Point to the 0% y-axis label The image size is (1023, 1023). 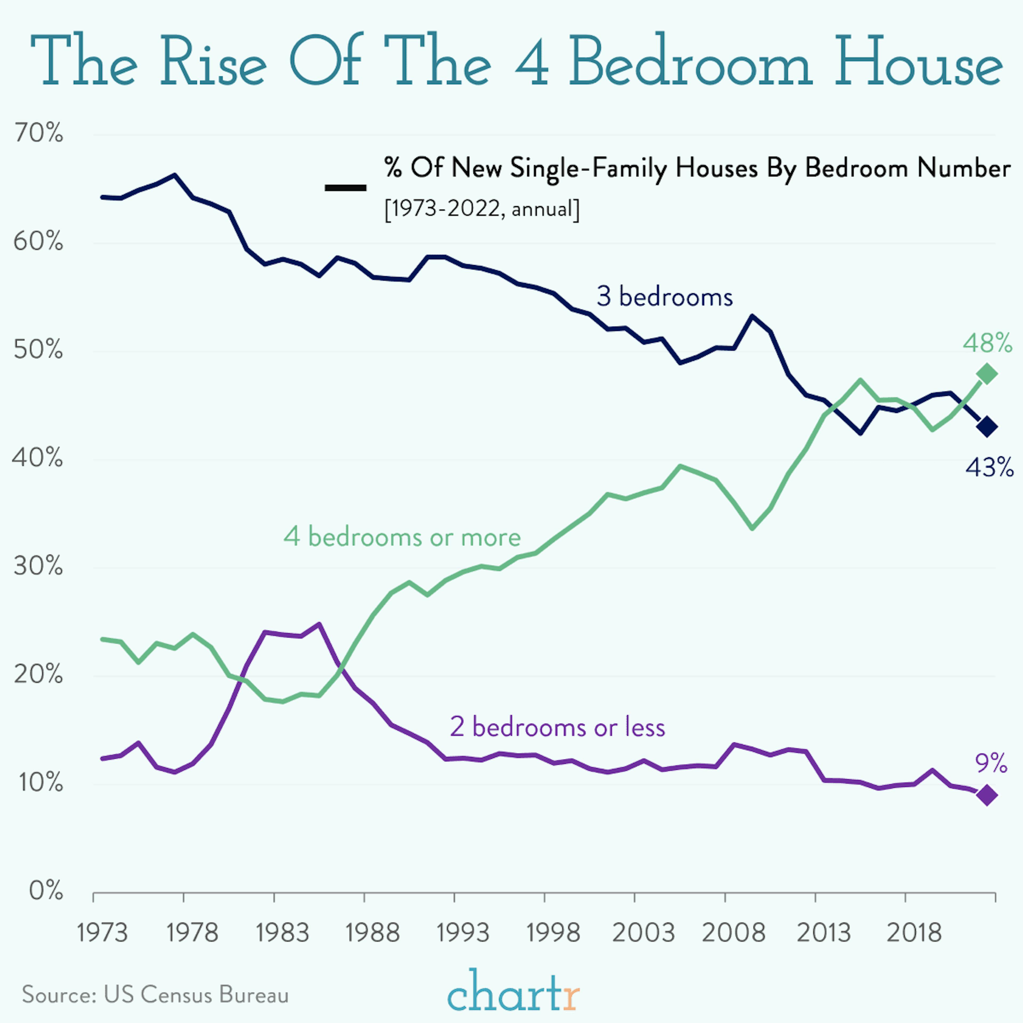[46, 891]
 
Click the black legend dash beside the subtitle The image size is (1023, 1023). [345, 188]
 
